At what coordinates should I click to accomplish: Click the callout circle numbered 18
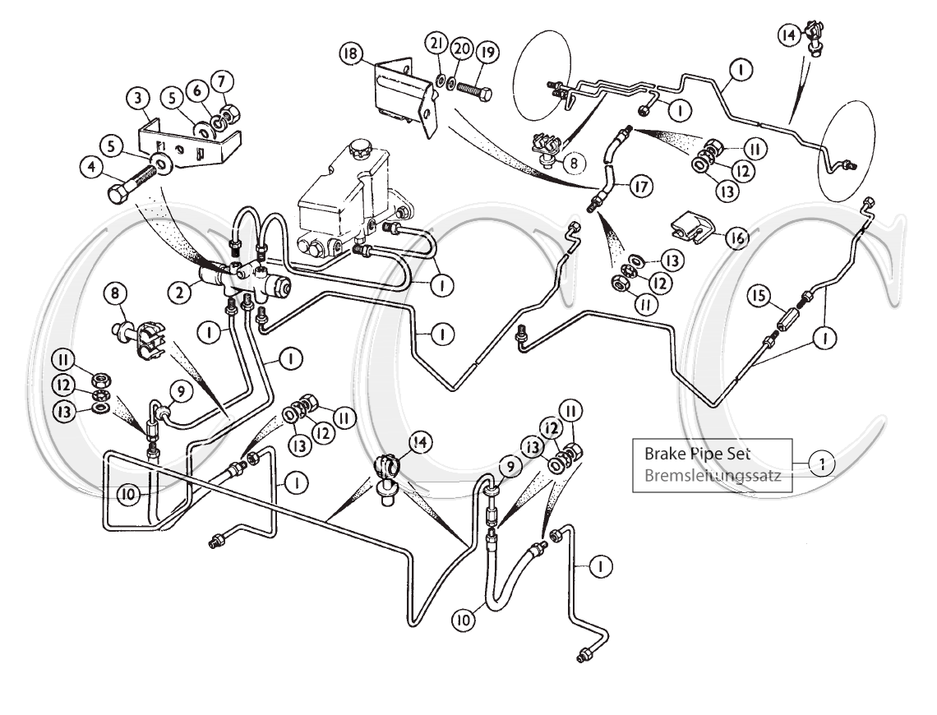pyautogui.click(x=350, y=55)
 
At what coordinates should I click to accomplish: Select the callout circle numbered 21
pyautogui.click(x=436, y=43)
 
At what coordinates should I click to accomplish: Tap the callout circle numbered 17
pyautogui.click(x=638, y=187)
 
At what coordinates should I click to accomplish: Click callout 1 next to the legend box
pyautogui.click(x=818, y=464)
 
